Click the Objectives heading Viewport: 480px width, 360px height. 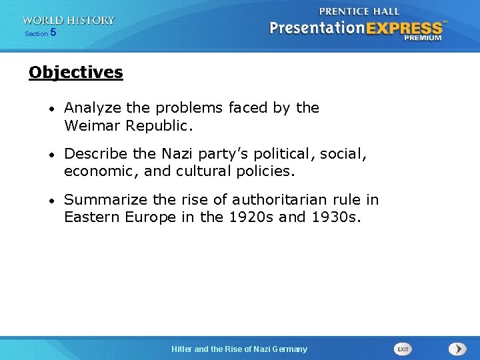(76, 72)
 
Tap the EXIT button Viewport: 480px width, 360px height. (403, 349)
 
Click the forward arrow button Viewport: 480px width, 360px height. (457, 349)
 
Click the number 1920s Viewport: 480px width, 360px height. (245, 217)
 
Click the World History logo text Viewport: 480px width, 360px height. (68, 21)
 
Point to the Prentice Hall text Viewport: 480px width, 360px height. (359, 11)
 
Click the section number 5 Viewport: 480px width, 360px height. (53, 32)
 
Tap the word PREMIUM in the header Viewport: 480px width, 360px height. (422, 38)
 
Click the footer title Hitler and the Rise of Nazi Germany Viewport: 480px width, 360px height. (239, 349)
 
